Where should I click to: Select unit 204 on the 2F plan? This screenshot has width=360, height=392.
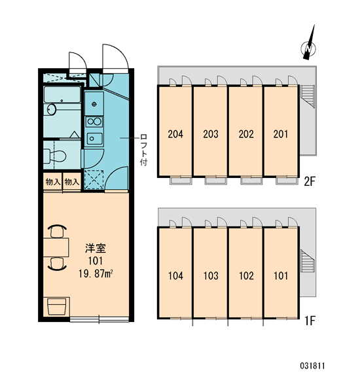pyautogui.click(x=175, y=134)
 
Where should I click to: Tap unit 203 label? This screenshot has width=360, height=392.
pyautogui.click(x=211, y=134)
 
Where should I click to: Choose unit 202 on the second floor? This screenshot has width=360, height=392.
pyautogui.click(x=246, y=134)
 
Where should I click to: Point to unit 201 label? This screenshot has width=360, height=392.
pyautogui.click(x=281, y=134)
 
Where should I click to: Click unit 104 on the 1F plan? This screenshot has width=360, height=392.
pyautogui.click(x=175, y=276)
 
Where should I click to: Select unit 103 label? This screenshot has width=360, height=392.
pyautogui.click(x=211, y=276)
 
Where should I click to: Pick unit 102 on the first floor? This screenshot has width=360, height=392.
pyautogui.click(x=246, y=276)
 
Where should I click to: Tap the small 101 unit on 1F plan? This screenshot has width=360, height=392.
pyautogui.click(x=281, y=276)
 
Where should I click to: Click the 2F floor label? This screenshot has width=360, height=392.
pyautogui.click(x=309, y=181)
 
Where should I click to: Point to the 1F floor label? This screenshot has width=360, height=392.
pyautogui.click(x=309, y=321)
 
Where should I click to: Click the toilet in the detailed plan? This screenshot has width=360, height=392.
pyautogui.click(x=55, y=156)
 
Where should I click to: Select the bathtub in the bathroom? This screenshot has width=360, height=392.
pyautogui.click(x=62, y=94)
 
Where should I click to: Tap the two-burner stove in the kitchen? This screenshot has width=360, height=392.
pyautogui.click(x=94, y=122)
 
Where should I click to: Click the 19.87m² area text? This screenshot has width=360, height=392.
pyautogui.click(x=96, y=274)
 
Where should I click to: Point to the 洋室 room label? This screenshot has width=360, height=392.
pyautogui.click(x=96, y=248)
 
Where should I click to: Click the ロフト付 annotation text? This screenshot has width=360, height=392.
pyautogui.click(x=143, y=150)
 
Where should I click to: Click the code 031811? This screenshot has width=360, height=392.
pyautogui.click(x=312, y=366)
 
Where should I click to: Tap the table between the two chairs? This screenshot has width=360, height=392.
pyautogui.click(x=56, y=247)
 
